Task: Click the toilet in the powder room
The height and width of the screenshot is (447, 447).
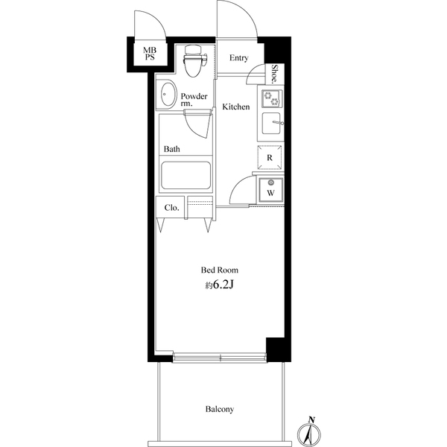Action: coord(194,61)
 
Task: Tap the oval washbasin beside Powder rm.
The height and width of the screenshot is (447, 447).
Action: coord(168,95)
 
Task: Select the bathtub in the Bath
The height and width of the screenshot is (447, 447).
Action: coord(186,175)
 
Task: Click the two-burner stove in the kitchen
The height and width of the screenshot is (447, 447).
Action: coord(272,98)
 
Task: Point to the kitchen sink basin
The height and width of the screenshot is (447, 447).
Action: coord(271,123)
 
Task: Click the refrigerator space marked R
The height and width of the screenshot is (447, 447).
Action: coord(270,157)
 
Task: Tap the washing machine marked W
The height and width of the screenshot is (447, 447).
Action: coord(270,189)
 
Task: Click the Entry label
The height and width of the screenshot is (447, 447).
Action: coord(239,58)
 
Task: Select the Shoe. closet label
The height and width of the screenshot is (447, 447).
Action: coord(274,74)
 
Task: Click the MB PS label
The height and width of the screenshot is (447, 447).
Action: coord(150,54)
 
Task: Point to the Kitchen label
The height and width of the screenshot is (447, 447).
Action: coord(236,107)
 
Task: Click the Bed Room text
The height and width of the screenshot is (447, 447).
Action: coord(220,270)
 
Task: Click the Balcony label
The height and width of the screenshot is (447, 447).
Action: coord(220,409)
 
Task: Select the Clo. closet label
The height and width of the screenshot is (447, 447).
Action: coord(171,208)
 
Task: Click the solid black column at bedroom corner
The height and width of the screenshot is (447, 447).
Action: coord(276,349)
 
